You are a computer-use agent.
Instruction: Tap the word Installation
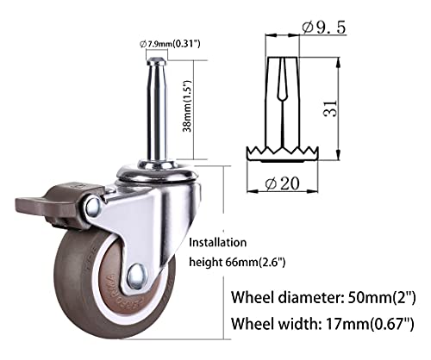click(x=215, y=242)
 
